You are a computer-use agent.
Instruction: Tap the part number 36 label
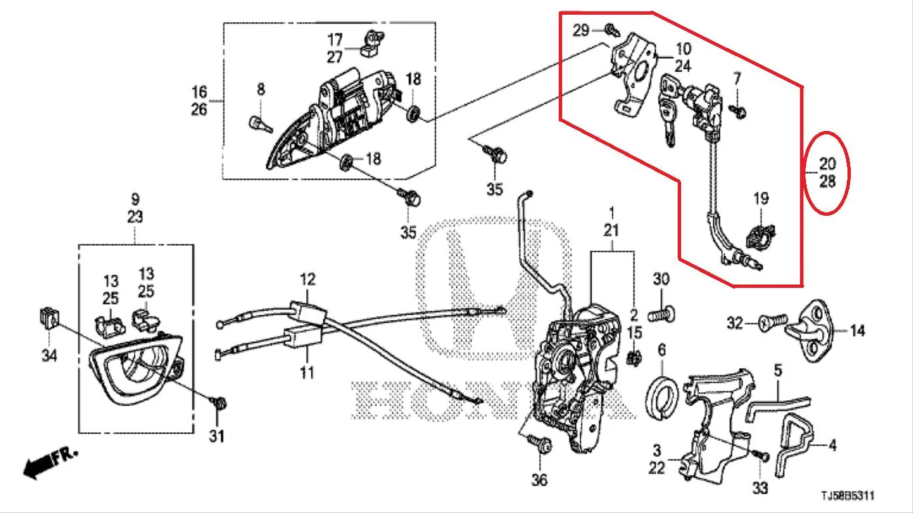pyautogui.click(x=539, y=480)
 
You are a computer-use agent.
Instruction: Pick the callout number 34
pyautogui.click(x=49, y=356)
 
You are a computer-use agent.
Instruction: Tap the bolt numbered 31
pyautogui.click(x=219, y=403)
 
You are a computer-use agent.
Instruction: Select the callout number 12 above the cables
pyautogui.click(x=307, y=279)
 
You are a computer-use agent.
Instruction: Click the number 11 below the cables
pyautogui.click(x=307, y=373)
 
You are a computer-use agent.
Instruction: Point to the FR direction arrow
pyautogui.click(x=49, y=462)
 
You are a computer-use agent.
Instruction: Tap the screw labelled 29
pyautogui.click(x=612, y=29)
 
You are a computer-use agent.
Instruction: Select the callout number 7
pyautogui.click(x=737, y=79)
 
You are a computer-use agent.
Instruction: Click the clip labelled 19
pyautogui.click(x=761, y=236)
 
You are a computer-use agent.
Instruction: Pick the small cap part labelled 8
pyautogui.click(x=259, y=124)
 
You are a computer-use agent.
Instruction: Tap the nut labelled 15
pyautogui.click(x=634, y=358)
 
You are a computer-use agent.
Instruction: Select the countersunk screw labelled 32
pyautogui.click(x=772, y=323)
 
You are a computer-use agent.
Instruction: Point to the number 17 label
pyautogui.click(x=335, y=40)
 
